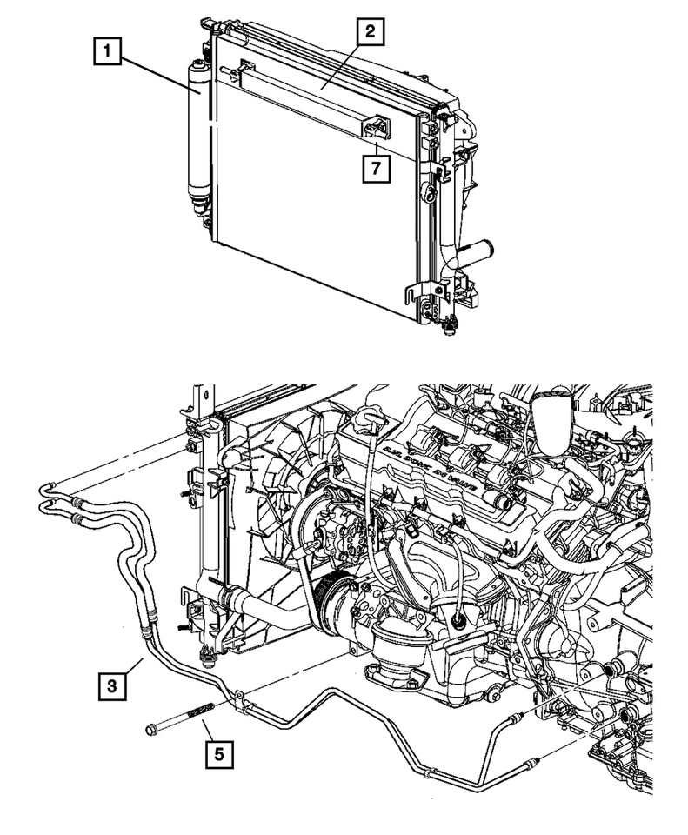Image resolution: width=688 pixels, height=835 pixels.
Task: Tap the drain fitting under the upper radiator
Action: (x=450, y=327)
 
